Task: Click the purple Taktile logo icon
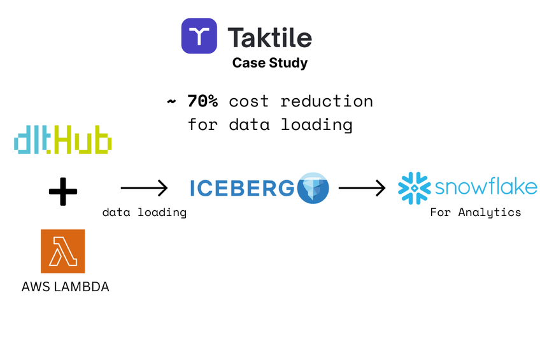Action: coord(199,36)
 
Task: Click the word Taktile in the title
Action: coord(270,38)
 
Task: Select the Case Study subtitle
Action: coord(269,63)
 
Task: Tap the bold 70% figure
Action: coord(202,101)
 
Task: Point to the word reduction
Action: coord(327,101)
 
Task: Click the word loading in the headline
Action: coord(318,124)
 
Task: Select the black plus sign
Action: coord(62,191)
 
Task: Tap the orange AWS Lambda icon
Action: coord(62,251)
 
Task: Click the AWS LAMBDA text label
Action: coord(65,287)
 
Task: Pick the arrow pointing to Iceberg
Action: coord(144,188)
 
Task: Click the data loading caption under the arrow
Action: coord(144,212)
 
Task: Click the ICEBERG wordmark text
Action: coord(242,188)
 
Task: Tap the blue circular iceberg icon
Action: coord(313,188)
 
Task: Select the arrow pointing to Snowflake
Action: coord(362,188)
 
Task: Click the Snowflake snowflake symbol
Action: coord(414,188)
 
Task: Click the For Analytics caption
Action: coord(475,212)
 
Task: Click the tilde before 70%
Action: coord(171,102)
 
